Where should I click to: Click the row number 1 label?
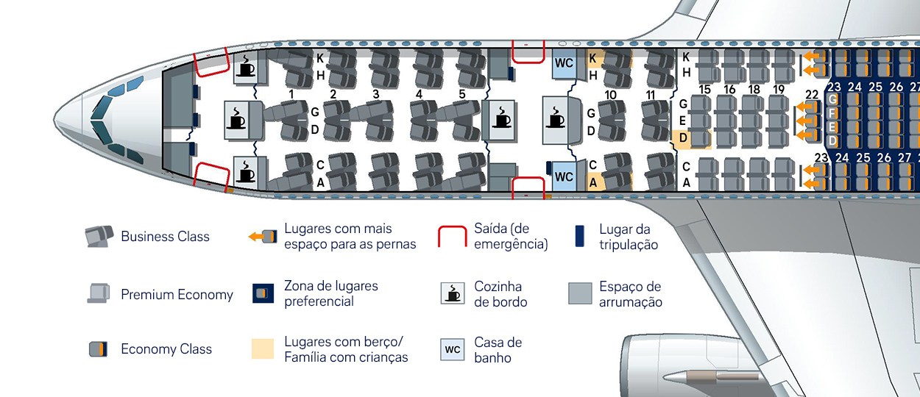point(292,94)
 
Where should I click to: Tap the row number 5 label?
point(461,94)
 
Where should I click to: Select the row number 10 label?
point(610,94)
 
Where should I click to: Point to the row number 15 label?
point(704,90)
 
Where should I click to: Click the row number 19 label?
point(779,90)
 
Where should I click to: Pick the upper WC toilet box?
point(564,63)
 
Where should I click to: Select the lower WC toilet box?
point(564,177)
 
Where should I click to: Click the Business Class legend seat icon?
point(99,236)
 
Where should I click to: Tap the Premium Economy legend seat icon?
point(99,293)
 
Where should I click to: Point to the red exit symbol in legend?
point(453,237)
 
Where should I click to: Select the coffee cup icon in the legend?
point(453,293)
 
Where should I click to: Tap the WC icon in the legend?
point(453,349)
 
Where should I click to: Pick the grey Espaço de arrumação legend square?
point(580,293)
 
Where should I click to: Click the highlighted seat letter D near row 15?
point(683,138)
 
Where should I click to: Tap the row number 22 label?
point(812,94)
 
